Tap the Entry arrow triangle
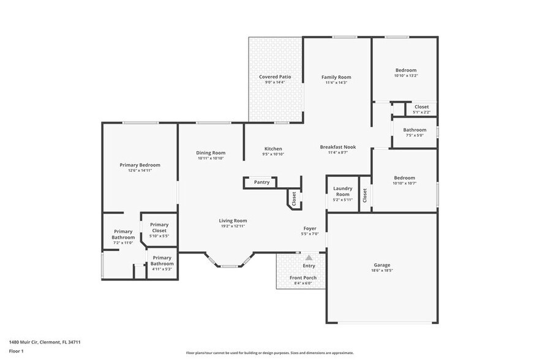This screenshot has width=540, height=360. pyautogui.click(x=309, y=258)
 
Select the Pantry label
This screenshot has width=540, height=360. pyautogui.click(x=261, y=182)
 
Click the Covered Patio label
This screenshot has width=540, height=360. pyautogui.click(x=275, y=77)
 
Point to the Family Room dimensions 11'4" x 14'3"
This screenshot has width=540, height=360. pyautogui.click(x=336, y=83)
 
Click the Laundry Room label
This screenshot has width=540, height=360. pyautogui.click(x=342, y=191)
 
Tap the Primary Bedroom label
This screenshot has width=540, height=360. pyautogui.click(x=140, y=165)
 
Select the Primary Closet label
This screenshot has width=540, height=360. pyautogui.click(x=159, y=227)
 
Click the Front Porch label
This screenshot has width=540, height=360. pyautogui.click(x=303, y=277)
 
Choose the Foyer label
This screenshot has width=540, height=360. pyautogui.click(x=309, y=228)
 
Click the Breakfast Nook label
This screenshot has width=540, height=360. pyautogui.click(x=337, y=147)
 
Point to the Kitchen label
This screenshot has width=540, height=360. pyautogui.click(x=273, y=149)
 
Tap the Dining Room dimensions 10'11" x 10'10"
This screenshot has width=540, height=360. pyautogui.click(x=211, y=159)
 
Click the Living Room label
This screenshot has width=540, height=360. pyautogui.click(x=233, y=220)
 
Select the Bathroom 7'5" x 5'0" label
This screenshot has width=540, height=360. pyautogui.click(x=414, y=130)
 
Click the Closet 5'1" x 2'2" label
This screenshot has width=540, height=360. pyautogui.click(x=422, y=107)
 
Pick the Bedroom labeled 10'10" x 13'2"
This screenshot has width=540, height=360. pyautogui.click(x=405, y=70)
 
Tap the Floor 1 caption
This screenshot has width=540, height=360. pyautogui.click(x=16, y=351)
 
